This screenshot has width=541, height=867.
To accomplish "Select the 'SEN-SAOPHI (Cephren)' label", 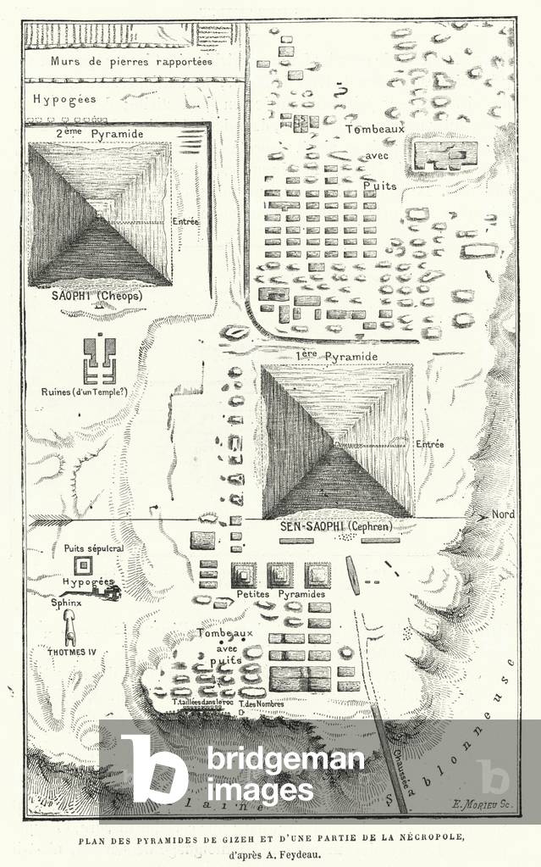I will click(x=336, y=527).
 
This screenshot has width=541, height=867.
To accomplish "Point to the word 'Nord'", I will click(x=503, y=514).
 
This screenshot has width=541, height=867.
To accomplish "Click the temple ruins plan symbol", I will click(x=99, y=360).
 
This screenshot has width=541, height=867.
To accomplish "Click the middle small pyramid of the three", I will click(x=280, y=575).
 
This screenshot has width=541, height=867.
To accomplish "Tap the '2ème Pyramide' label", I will click(x=86, y=134).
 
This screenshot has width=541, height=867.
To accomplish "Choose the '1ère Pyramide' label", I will click(x=336, y=357).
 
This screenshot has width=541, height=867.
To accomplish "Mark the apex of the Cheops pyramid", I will click(x=100, y=219).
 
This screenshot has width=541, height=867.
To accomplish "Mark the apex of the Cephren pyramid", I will click(x=336, y=442).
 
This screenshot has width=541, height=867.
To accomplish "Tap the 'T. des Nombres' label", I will click(x=260, y=702).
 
